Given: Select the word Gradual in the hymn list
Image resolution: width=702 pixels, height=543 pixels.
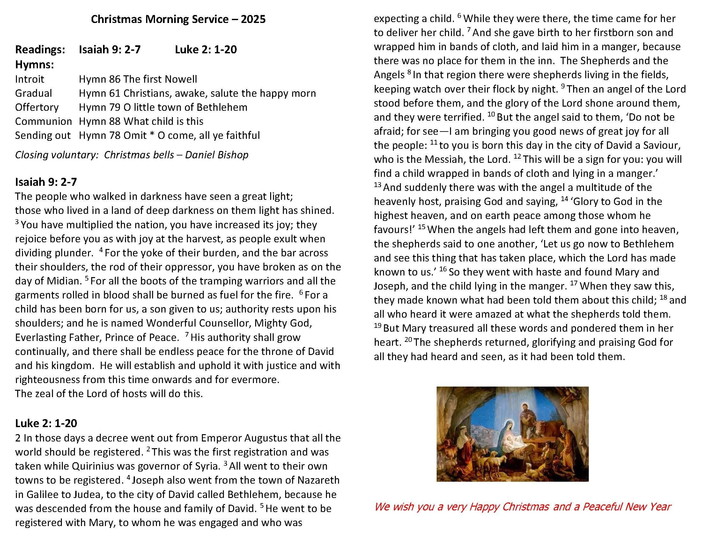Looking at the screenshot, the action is (33, 93).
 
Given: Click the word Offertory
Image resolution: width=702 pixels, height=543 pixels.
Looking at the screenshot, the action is (37, 107).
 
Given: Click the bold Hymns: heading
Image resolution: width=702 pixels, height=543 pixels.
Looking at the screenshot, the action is (34, 65).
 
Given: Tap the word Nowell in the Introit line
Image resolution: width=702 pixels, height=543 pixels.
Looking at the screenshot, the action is (181, 79).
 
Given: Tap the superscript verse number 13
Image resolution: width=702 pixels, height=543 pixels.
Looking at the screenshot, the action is (377, 185).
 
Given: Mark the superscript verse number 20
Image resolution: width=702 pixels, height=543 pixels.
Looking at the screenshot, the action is (408, 340).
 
